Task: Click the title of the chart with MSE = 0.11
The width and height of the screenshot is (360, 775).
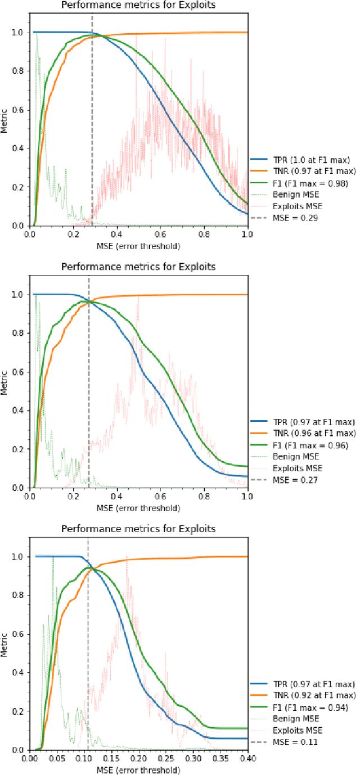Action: (138, 529)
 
